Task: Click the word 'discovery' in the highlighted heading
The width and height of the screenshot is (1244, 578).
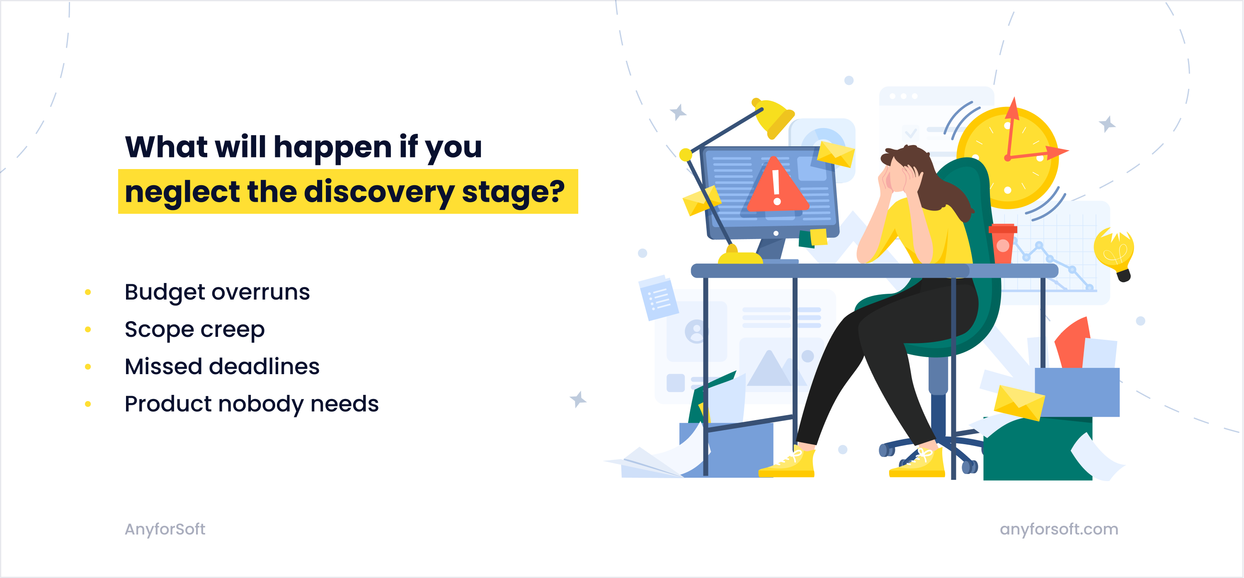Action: click(x=379, y=192)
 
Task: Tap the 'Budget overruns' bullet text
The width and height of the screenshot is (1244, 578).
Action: click(x=217, y=292)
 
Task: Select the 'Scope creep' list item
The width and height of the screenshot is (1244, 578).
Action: click(x=194, y=329)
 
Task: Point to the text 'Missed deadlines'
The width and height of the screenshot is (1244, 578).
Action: click(x=222, y=367)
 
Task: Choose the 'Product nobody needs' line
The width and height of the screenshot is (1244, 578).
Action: click(x=251, y=404)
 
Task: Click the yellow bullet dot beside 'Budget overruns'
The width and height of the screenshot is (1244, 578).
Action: click(x=88, y=292)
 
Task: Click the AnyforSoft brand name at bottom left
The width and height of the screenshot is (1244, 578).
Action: click(x=165, y=529)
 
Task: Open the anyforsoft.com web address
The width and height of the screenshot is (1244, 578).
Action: click(x=1059, y=529)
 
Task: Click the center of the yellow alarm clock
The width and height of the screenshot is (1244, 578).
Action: click(x=1008, y=158)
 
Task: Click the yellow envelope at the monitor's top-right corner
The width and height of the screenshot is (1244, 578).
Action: click(x=835, y=154)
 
